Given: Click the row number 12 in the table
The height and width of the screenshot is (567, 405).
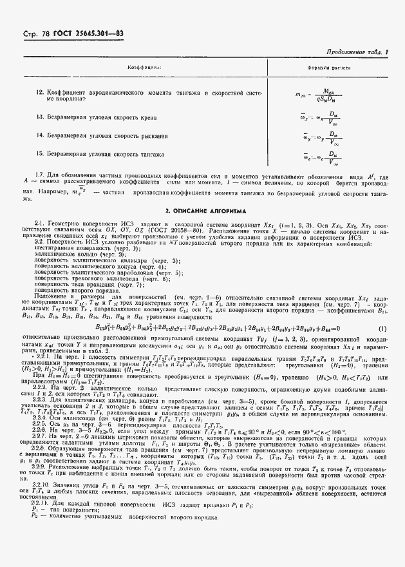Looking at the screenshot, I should click(39, 93).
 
